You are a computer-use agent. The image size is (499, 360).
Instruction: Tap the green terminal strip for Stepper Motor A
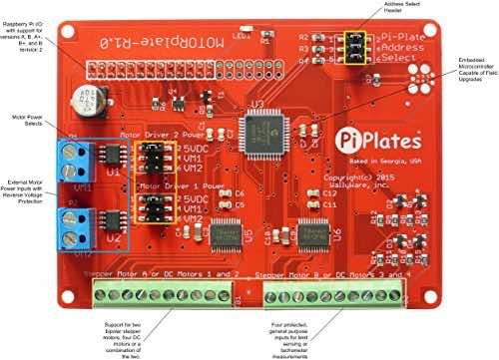click(x=165, y=293)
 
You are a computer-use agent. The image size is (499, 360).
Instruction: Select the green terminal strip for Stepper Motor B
click(x=336, y=293)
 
